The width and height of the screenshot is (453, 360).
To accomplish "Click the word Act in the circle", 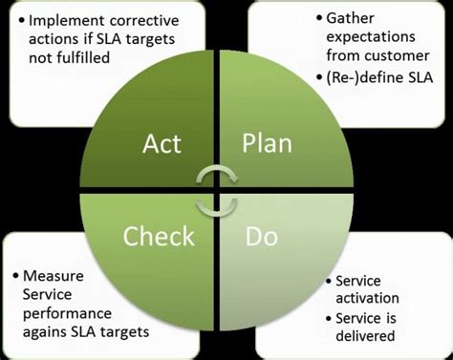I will point(162,144).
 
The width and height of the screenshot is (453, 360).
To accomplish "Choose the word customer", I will point(381,57).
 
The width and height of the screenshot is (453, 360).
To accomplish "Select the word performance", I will point(74,312).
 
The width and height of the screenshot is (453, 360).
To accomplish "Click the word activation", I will point(364,299).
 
